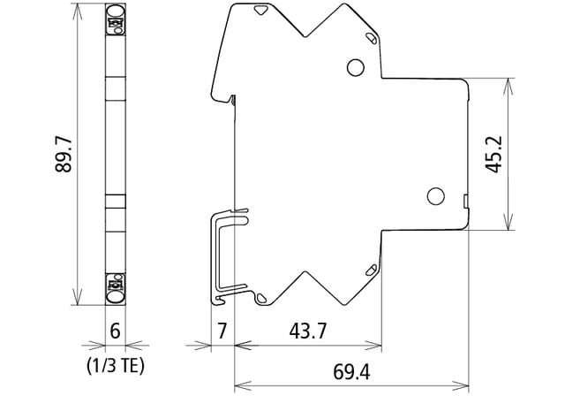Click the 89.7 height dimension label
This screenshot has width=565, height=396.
tap(64, 155)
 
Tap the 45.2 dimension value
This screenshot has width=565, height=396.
tap(493, 155)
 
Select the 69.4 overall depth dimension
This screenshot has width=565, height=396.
tap(351, 372)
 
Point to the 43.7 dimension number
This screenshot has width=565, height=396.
tap(307, 331)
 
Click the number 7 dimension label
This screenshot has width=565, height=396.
tap(222, 331)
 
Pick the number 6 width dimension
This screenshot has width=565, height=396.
tap(115, 331)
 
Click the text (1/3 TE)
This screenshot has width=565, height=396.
tap(116, 366)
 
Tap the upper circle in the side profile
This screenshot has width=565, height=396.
tap(355, 67)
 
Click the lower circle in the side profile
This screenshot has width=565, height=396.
tap(435, 196)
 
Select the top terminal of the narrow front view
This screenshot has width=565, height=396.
tap(116, 19)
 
